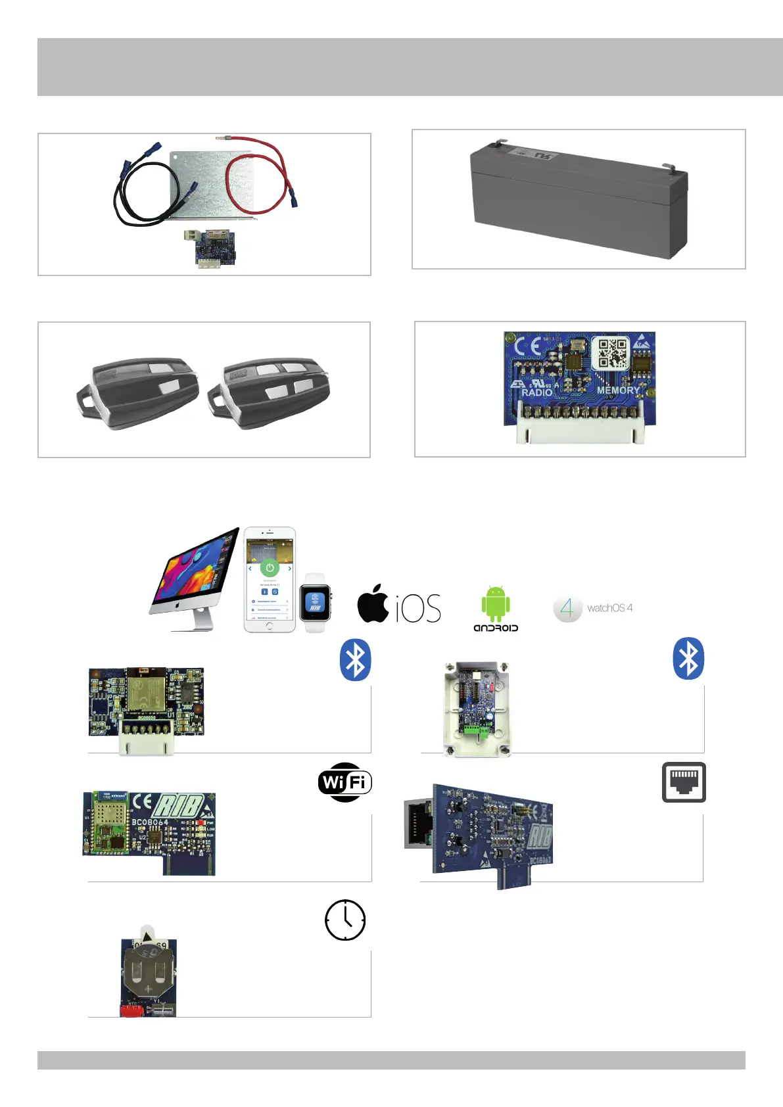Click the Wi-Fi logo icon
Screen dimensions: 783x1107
point(345,782)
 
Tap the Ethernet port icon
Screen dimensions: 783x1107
point(684,782)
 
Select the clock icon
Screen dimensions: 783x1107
point(345,920)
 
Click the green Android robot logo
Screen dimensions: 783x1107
point(496,603)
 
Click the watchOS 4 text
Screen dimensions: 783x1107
point(609,608)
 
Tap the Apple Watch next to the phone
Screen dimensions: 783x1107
point(315,603)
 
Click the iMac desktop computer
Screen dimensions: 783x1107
point(195,578)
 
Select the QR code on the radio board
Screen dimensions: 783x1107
point(611,354)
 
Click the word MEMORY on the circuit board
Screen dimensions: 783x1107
point(618,390)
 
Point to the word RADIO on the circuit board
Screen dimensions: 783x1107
point(537,392)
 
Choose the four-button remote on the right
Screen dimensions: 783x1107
point(270,392)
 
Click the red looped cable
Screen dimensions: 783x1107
point(256,174)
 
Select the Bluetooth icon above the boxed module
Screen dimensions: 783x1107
point(688,658)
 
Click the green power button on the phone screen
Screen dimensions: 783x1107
point(270,567)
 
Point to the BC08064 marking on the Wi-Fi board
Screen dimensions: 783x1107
point(150,822)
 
